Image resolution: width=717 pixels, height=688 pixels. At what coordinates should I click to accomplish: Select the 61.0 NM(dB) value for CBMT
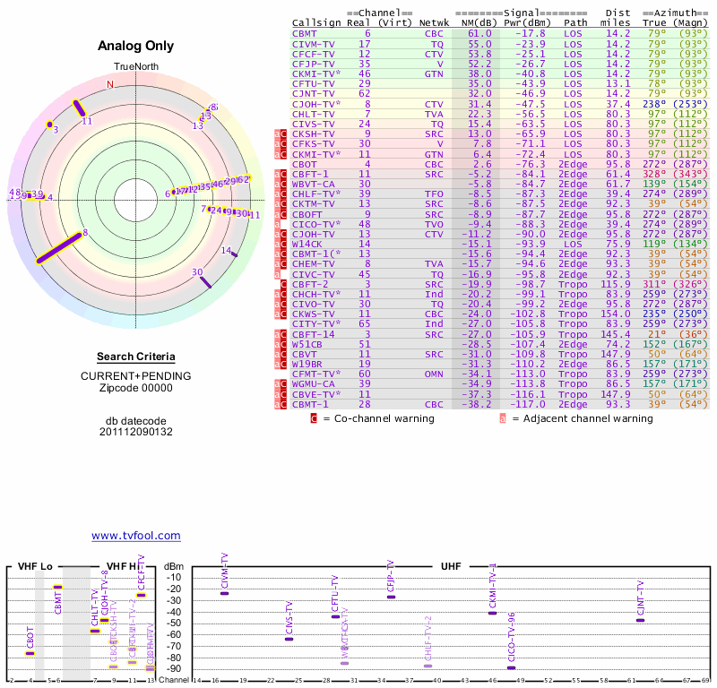pos(479,33)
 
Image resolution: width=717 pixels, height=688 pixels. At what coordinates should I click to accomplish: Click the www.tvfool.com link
pos(136,536)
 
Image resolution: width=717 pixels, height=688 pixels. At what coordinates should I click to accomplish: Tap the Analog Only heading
pos(136,47)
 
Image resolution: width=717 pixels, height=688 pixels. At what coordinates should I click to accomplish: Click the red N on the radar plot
pos(110,84)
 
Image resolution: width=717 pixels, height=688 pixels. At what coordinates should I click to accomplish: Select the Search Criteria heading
pos(135,357)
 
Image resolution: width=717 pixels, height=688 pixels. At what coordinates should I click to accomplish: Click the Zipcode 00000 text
pos(135,388)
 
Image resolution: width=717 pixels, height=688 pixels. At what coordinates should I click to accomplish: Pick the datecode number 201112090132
pos(135,432)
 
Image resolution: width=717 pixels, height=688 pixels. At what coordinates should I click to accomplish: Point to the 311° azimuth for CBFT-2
pos(652,283)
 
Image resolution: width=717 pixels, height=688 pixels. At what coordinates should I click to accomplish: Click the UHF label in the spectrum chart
pos(451,567)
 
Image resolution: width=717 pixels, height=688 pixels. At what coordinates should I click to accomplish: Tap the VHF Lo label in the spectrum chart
pos(35,567)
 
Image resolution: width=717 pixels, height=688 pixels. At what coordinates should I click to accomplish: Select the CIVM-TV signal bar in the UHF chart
pos(224,593)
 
